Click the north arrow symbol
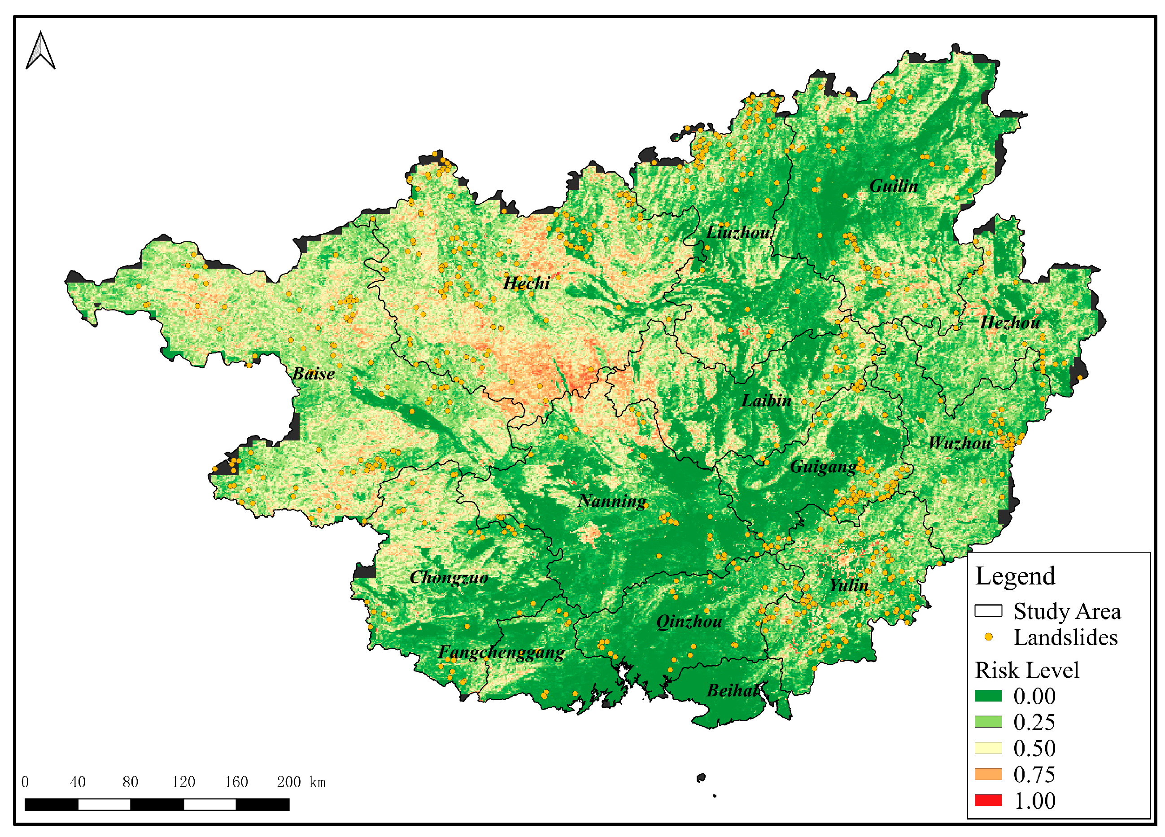40,50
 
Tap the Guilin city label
893,186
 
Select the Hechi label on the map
526,283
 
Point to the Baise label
313,373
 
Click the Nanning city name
612,501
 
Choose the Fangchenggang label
501,652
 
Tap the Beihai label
733,691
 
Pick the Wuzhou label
960,443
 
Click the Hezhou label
1010,323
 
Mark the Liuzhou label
737,233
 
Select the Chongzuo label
449,578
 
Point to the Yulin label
849,585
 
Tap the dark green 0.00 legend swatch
988,696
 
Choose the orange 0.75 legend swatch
988,774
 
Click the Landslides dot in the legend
988,637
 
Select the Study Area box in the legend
988,610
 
